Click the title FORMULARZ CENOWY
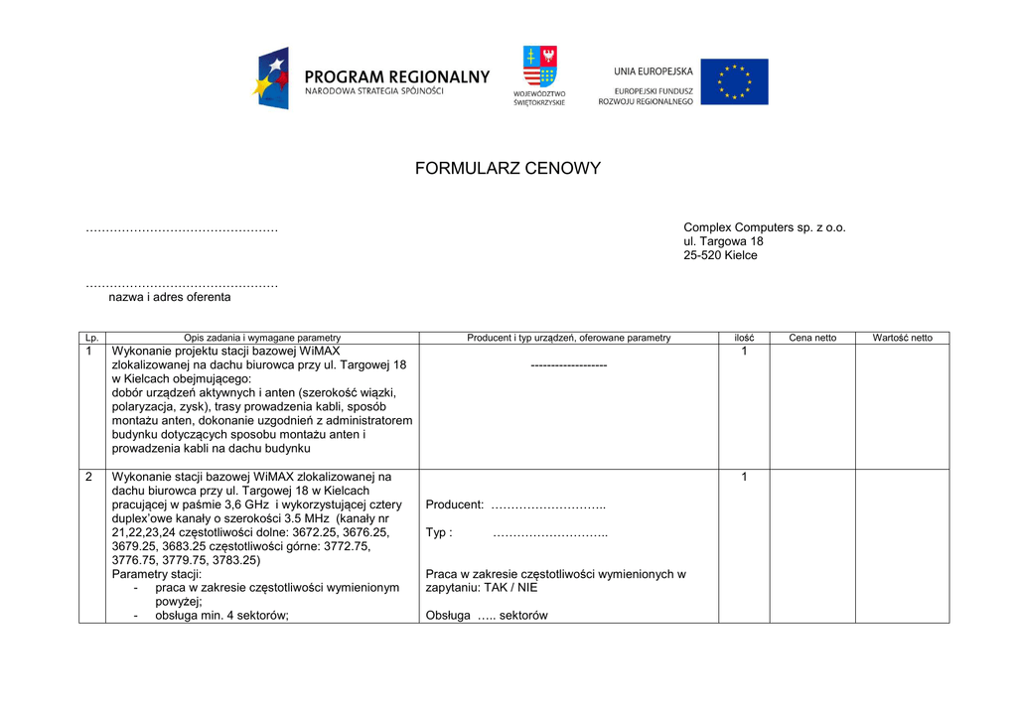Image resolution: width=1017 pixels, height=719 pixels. (x=508, y=169)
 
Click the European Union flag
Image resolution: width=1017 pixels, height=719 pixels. (x=734, y=81)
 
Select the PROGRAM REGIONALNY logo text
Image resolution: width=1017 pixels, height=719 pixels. (x=396, y=76)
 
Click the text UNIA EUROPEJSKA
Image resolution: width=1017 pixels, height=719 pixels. (x=653, y=71)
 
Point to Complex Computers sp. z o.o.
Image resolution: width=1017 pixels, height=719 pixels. (x=764, y=227)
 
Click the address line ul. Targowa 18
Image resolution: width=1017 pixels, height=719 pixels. (x=723, y=241)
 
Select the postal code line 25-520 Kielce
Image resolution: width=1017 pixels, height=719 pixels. (x=720, y=255)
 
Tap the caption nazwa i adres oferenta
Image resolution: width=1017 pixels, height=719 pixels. (x=169, y=297)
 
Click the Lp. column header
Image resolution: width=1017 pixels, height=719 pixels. (x=92, y=338)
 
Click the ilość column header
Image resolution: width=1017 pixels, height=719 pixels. (x=744, y=338)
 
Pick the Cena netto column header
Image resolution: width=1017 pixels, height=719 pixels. (x=812, y=338)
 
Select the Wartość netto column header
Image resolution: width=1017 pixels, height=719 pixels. (x=902, y=338)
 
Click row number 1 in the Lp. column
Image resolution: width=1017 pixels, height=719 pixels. (x=89, y=352)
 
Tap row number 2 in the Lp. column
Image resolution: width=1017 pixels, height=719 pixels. (x=89, y=477)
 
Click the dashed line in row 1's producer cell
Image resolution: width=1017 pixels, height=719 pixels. (x=568, y=365)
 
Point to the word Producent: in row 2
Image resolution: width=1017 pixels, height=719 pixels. (x=455, y=505)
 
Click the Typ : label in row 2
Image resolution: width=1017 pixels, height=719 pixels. (x=439, y=533)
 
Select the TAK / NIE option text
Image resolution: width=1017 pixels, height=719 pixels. (x=509, y=588)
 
